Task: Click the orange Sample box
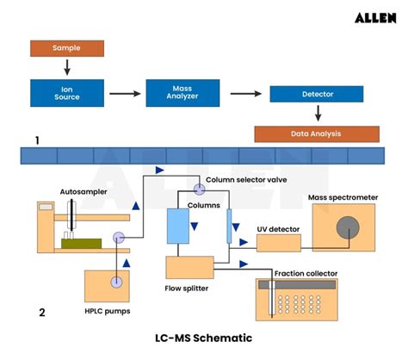pos(65,47)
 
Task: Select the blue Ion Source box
pos(65,92)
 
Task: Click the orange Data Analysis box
pos(317,133)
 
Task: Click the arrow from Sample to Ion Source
pos(65,66)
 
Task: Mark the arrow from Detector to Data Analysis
pos(318,114)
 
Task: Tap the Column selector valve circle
pos(199,188)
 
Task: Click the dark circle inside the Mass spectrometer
pos(348,227)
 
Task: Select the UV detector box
pos(279,243)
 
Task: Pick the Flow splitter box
pos(190,268)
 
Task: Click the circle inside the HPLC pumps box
pos(116,282)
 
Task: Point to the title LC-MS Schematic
pos(203,338)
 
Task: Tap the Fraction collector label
pos(305,274)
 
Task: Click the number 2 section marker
pos(41,313)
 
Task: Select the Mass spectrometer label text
pos(342,197)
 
